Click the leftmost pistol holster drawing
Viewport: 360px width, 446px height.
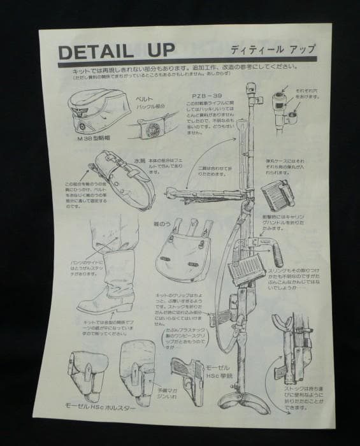coord(89,377)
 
